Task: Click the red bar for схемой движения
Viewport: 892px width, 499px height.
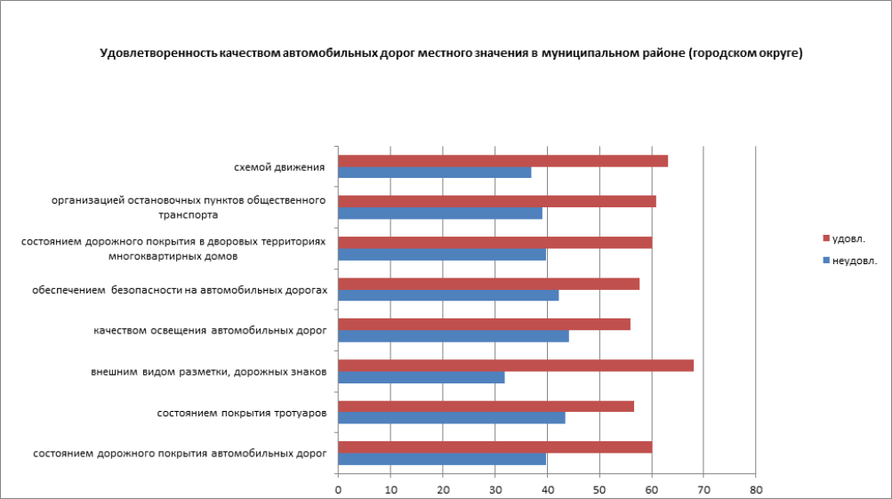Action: pyautogui.click(x=502, y=161)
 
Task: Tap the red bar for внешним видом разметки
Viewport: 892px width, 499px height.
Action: pyautogui.click(x=516, y=366)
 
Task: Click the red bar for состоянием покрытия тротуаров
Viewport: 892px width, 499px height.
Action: pyautogui.click(x=486, y=406)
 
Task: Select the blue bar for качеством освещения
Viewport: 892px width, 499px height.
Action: pyautogui.click(x=454, y=336)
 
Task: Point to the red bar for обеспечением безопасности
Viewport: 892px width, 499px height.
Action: pyautogui.click(x=488, y=284)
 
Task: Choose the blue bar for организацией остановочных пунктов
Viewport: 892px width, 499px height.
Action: pyautogui.click(x=440, y=213)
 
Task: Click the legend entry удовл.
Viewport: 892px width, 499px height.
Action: pyautogui.click(x=848, y=238)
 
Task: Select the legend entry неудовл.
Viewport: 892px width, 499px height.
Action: pyautogui.click(x=854, y=261)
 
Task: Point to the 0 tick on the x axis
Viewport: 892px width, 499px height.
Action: pyautogui.click(x=338, y=489)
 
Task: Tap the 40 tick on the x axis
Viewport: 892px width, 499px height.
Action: pyautogui.click(x=547, y=489)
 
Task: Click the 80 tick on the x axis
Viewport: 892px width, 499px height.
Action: pyautogui.click(x=755, y=489)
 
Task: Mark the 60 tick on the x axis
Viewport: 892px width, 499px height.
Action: pyautogui.click(x=651, y=489)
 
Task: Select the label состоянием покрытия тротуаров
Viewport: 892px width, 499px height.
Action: pyautogui.click(x=241, y=413)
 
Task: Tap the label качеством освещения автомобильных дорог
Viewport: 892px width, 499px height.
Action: pyautogui.click(x=210, y=331)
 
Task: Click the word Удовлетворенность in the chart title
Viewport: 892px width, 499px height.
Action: pyautogui.click(x=152, y=53)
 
